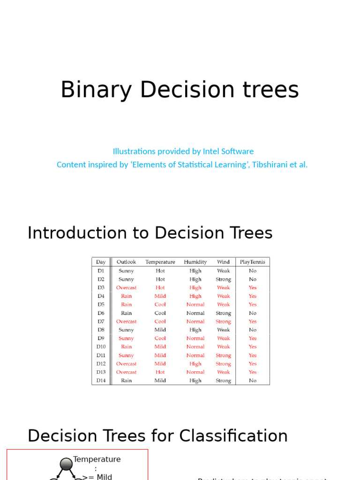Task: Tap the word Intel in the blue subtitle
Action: pos(214,151)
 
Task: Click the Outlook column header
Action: pos(126,262)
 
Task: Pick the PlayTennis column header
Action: pos(252,262)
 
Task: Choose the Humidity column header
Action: pos(195,262)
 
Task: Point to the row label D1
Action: pos(101,271)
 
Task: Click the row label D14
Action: pos(101,381)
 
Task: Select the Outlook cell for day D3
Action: pos(126,288)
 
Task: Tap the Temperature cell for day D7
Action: pos(160,322)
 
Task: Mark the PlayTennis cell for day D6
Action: pos(253,313)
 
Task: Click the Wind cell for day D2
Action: pos(224,279)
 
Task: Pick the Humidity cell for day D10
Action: pos(195,347)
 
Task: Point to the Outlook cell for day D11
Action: pos(126,355)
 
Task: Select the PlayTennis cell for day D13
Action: pos(253,372)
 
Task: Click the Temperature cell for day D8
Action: pos(160,330)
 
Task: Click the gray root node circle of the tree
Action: pos(66,464)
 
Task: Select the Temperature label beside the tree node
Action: pos(97,459)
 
